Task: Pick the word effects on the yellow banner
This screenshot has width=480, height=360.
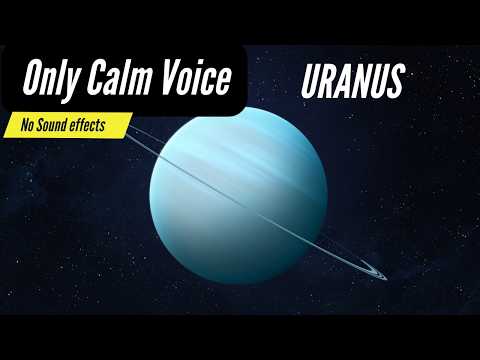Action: point(103,124)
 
